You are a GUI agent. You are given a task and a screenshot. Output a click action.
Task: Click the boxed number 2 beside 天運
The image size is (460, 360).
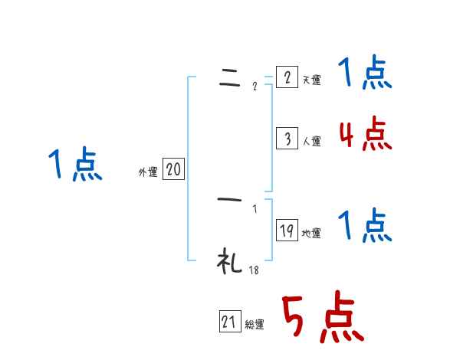pyautogui.click(x=286, y=78)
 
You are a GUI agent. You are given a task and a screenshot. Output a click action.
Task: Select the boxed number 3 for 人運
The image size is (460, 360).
pyautogui.click(x=286, y=139)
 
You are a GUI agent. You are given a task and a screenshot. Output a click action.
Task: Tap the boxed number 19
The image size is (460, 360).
pyautogui.click(x=287, y=231)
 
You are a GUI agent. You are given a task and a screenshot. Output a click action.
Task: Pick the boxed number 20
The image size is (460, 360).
pyautogui.click(x=173, y=170)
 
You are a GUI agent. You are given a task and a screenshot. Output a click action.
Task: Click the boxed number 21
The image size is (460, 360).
pyautogui.click(x=229, y=322)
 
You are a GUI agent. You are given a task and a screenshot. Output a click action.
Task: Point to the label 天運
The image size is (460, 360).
pyautogui.click(x=311, y=80)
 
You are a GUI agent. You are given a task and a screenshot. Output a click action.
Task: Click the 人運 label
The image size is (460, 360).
pyautogui.click(x=311, y=141)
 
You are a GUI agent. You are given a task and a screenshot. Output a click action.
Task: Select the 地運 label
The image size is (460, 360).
pyautogui.click(x=311, y=233)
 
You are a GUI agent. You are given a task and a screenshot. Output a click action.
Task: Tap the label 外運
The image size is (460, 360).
pyautogui.click(x=148, y=172)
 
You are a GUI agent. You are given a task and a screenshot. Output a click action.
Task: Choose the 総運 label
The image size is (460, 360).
pyautogui.click(x=254, y=325)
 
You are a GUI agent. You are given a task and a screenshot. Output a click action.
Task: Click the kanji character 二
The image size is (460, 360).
pyautogui.click(x=229, y=80)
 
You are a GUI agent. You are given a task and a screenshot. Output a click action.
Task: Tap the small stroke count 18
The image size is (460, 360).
pyautogui.click(x=253, y=270)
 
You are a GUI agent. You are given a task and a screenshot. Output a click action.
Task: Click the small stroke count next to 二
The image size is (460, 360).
pyautogui.click(x=255, y=87)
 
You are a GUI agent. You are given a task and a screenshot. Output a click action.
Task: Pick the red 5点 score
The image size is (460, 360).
pyautogui.click(x=321, y=318)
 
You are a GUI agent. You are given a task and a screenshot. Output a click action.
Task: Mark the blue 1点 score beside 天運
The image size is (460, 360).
pyautogui.click(x=365, y=74)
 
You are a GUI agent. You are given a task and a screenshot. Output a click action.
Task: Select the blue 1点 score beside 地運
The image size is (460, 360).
pyautogui.click(x=365, y=226)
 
